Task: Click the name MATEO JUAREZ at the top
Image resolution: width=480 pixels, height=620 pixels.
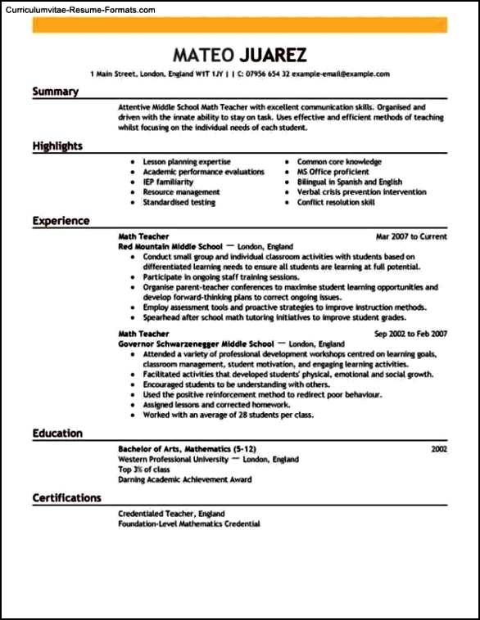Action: click(x=240, y=55)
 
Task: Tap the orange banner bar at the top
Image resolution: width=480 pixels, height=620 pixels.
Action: click(x=240, y=25)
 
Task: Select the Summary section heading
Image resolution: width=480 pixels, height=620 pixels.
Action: click(x=55, y=92)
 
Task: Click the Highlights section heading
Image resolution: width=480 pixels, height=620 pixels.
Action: click(x=57, y=146)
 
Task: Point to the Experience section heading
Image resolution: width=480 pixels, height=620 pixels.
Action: click(x=61, y=221)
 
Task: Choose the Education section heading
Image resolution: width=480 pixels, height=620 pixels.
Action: click(x=57, y=434)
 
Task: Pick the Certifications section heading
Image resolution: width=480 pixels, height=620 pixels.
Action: click(x=67, y=497)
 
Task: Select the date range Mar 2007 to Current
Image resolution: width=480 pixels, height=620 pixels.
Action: click(x=411, y=236)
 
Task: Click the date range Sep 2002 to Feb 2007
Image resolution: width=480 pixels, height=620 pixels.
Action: click(x=410, y=335)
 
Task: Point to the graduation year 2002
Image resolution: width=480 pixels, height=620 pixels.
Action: click(x=439, y=450)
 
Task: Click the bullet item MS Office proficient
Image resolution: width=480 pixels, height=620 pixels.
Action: click(x=333, y=172)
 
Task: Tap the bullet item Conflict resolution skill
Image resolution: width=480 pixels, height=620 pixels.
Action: click(x=336, y=202)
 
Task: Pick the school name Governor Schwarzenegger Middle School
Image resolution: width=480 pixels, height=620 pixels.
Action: click(x=195, y=344)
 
